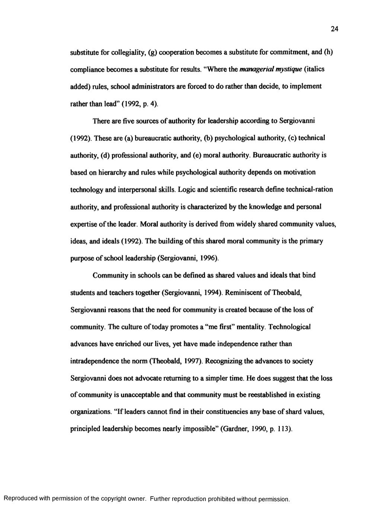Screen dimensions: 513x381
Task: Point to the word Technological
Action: coord(289,327)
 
